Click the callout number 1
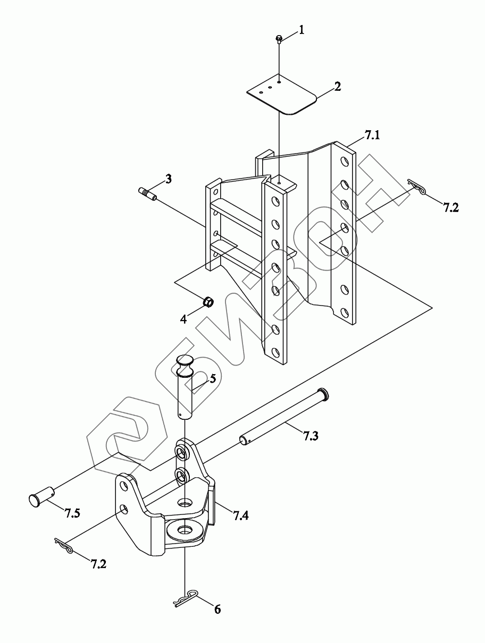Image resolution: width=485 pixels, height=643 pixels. coord(302,30)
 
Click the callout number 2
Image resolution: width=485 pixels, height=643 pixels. coord(337,86)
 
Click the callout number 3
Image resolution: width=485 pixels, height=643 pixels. coord(168,179)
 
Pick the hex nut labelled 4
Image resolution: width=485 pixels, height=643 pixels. coord(208,302)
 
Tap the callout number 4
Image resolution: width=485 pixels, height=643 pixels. coord(183,319)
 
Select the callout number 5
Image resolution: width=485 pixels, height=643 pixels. coord(212,378)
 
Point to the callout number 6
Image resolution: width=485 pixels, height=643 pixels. coord(217,609)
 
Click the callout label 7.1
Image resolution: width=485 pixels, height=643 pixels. coord(372,137)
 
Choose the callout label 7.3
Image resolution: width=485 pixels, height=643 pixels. coord(312,436)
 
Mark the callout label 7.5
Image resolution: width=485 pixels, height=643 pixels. coord(72,513)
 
